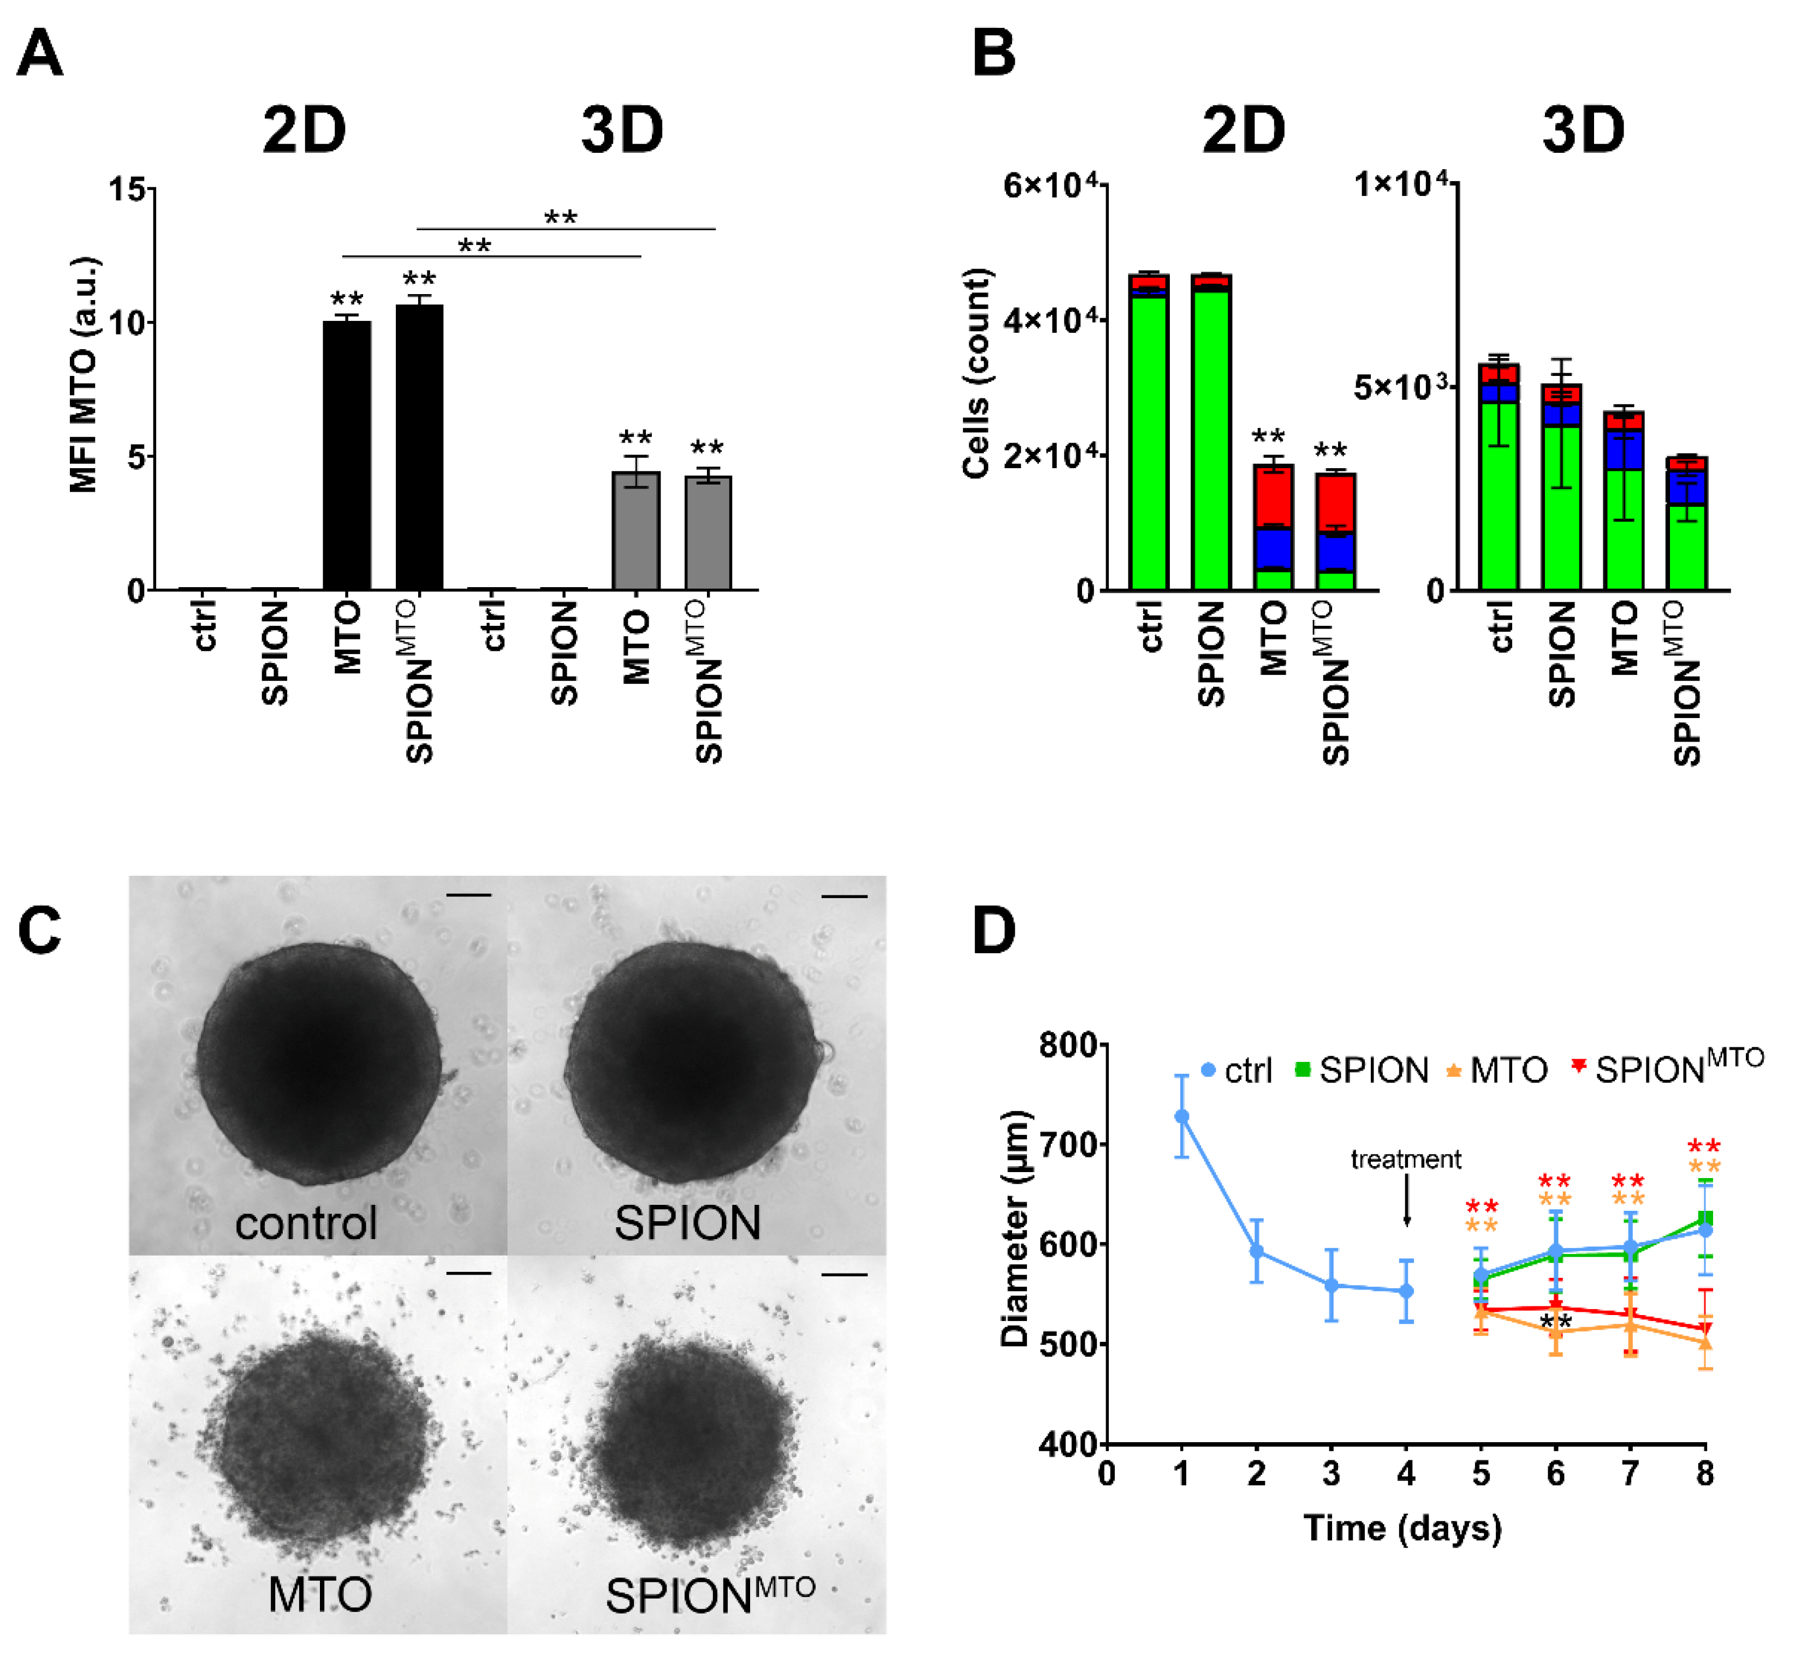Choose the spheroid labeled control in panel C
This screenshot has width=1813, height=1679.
point(320,1063)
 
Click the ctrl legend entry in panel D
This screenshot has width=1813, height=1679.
point(1237,1071)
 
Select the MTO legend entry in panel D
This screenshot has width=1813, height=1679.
point(1497,1071)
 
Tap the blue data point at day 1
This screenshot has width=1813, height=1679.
point(1181,1116)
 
